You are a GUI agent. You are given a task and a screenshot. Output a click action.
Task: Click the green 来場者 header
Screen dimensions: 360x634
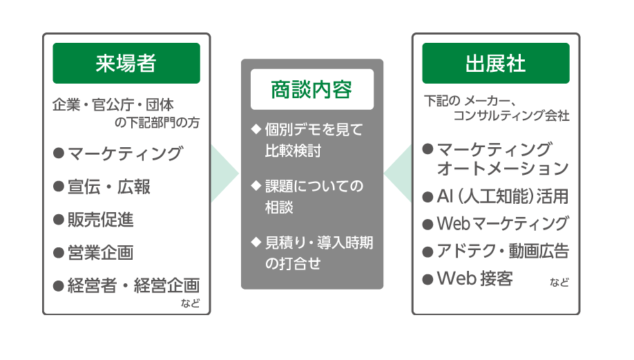pyautogui.click(x=126, y=64)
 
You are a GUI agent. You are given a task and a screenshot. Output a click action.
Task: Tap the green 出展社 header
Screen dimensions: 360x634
pyautogui.click(x=496, y=64)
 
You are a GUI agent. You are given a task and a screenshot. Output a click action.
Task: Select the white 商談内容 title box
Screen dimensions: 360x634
pyautogui.click(x=311, y=90)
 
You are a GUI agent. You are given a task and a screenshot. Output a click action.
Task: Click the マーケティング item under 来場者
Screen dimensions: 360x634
pyautogui.click(x=124, y=153)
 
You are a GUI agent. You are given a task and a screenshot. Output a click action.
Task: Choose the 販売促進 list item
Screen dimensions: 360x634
pyautogui.click(x=100, y=220)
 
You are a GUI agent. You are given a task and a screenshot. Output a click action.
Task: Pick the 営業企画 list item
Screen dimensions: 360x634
pyautogui.click(x=100, y=253)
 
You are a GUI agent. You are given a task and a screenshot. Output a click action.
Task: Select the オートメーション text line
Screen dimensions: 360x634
pyautogui.click(x=503, y=169)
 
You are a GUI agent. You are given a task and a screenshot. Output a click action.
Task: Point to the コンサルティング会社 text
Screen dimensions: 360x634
pyautogui.click(x=511, y=116)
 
